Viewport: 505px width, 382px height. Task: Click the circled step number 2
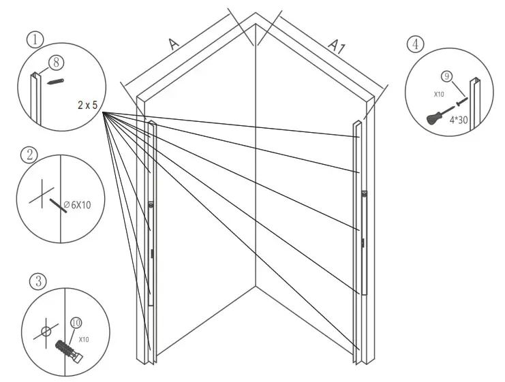tap(28, 154)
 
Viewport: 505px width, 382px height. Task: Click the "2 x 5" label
tap(90, 106)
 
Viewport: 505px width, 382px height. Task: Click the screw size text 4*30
tap(457, 120)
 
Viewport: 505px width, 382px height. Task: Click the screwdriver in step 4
tap(437, 116)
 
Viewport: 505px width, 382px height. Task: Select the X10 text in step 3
tap(84, 338)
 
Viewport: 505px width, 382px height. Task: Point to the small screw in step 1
tap(57, 82)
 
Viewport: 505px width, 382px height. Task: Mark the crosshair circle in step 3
tap(46, 332)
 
